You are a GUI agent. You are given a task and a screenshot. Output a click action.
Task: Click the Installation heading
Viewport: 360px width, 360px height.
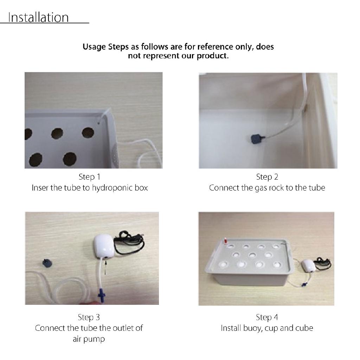(38, 17)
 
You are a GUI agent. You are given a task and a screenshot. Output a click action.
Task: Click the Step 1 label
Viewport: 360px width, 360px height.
(89, 177)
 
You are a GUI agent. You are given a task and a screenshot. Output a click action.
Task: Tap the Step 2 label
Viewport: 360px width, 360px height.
(267, 177)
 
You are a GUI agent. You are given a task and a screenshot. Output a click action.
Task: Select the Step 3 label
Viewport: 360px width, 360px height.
(89, 317)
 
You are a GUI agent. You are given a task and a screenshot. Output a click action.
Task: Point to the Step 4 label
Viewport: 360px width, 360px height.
(267, 317)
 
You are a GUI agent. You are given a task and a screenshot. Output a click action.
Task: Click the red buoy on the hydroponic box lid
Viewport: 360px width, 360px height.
(223, 242)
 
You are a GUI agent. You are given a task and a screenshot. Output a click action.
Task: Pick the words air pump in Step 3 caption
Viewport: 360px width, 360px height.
(89, 339)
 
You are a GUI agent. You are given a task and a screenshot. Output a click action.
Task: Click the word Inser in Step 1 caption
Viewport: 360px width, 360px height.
(40, 188)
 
